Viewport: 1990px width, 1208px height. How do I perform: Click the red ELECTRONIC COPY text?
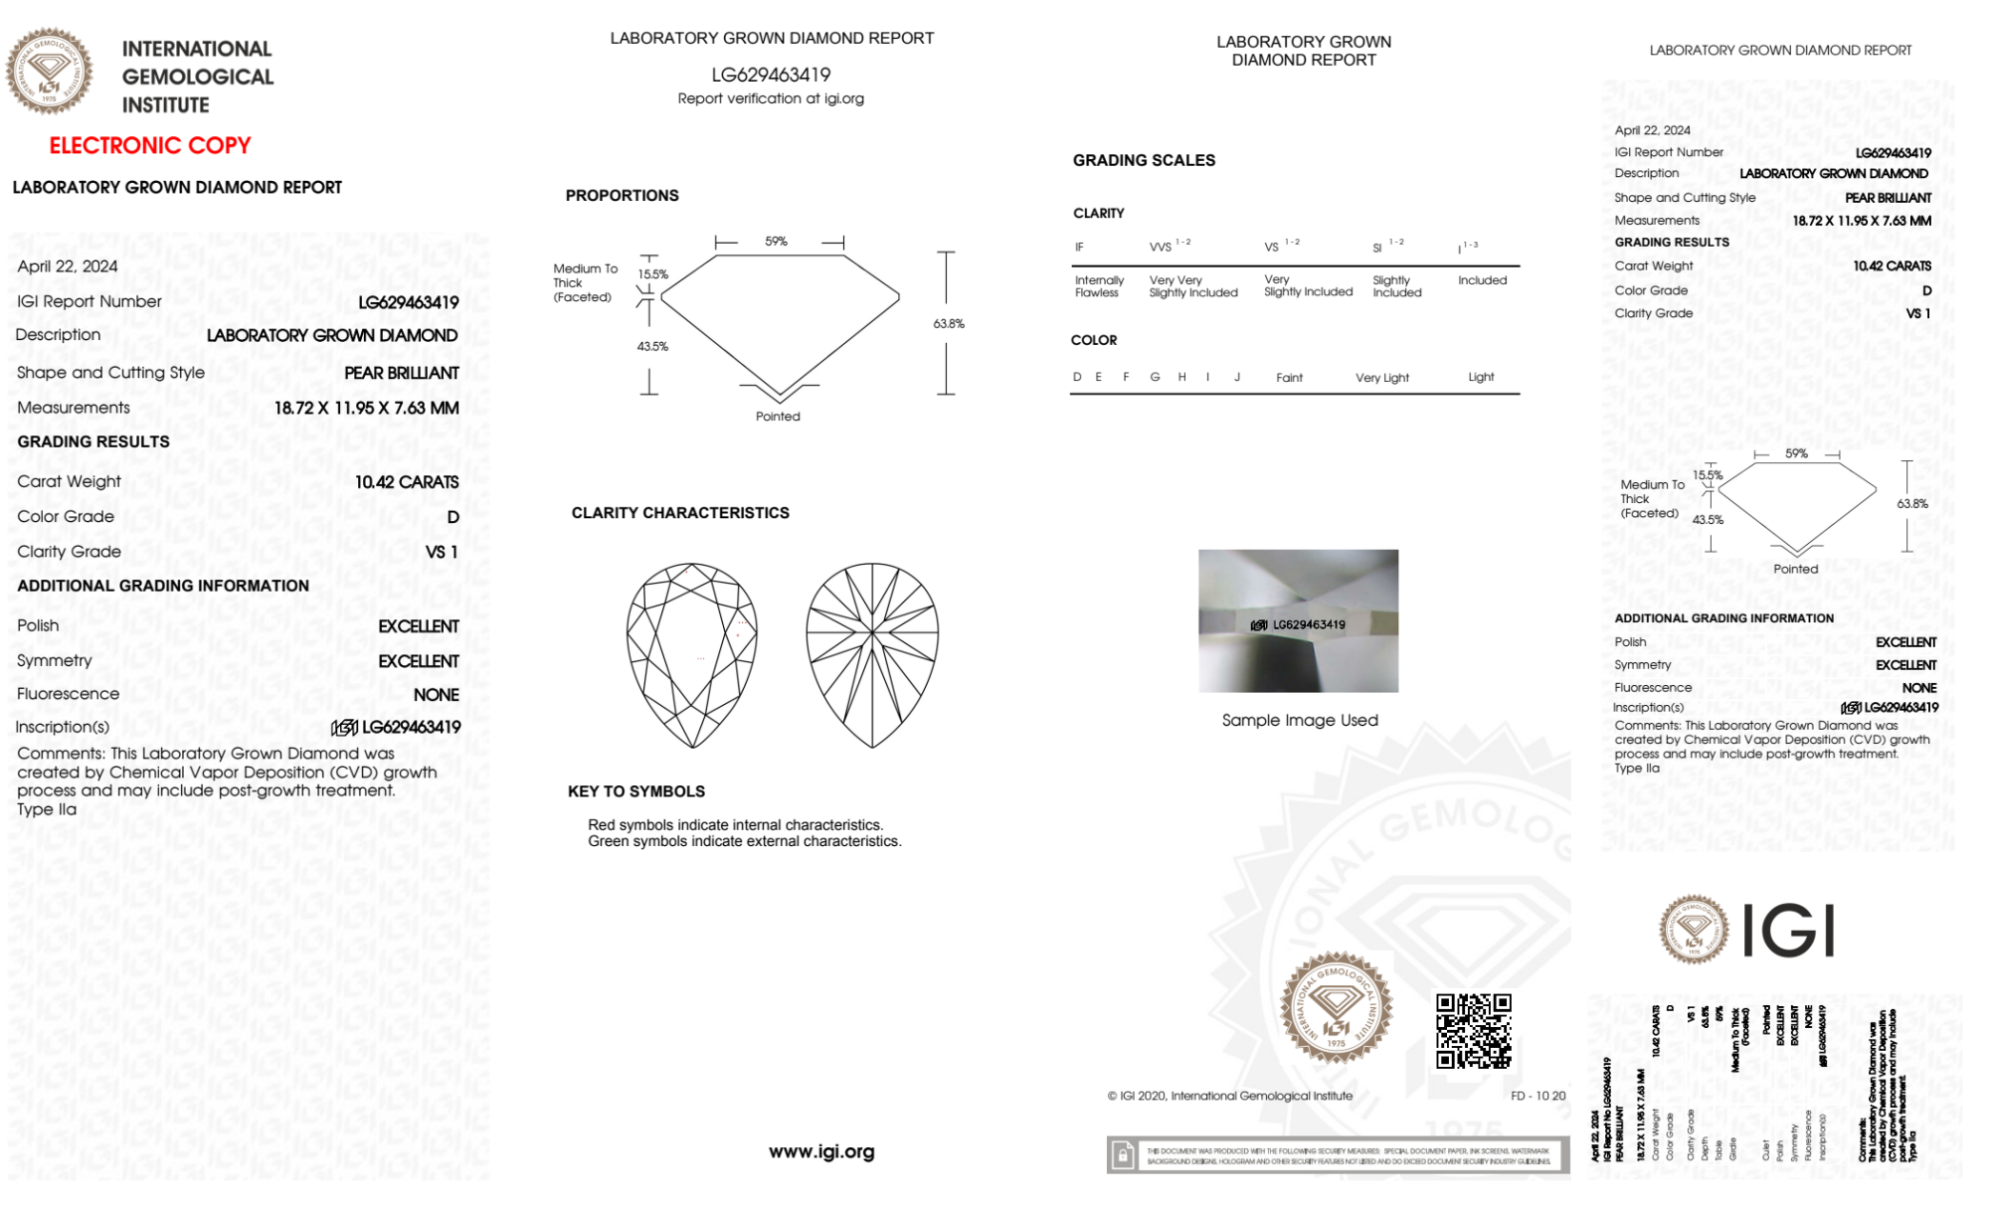click(x=150, y=145)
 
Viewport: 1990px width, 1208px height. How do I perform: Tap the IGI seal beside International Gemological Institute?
click(x=49, y=72)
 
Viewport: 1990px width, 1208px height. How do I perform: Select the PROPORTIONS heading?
click(x=622, y=195)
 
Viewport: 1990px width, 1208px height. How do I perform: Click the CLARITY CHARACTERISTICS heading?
click(x=680, y=512)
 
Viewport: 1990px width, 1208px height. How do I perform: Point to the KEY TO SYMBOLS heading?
click(x=636, y=791)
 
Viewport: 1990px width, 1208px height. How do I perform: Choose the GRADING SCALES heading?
click(x=1144, y=160)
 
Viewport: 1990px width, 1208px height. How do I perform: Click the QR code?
click(x=1473, y=1030)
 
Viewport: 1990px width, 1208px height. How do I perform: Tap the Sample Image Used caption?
click(x=1300, y=720)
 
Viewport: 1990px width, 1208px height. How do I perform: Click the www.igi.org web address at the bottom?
click(x=821, y=1151)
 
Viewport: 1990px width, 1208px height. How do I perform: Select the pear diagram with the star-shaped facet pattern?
click(x=872, y=655)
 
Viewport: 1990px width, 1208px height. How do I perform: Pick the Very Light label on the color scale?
click(x=1381, y=378)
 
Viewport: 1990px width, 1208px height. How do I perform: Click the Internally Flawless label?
click(x=1099, y=286)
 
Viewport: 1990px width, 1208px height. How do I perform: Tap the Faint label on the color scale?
click(x=1289, y=378)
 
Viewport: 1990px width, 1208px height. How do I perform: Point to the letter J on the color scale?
click(x=1237, y=377)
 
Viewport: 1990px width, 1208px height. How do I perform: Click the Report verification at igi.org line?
click(x=771, y=98)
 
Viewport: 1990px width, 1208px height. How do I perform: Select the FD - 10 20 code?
click(x=1538, y=1096)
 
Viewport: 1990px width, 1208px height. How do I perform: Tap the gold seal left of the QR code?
click(x=1336, y=1008)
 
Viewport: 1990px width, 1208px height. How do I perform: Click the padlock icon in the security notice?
click(x=1123, y=1155)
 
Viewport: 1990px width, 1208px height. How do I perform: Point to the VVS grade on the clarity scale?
click(x=1162, y=247)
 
